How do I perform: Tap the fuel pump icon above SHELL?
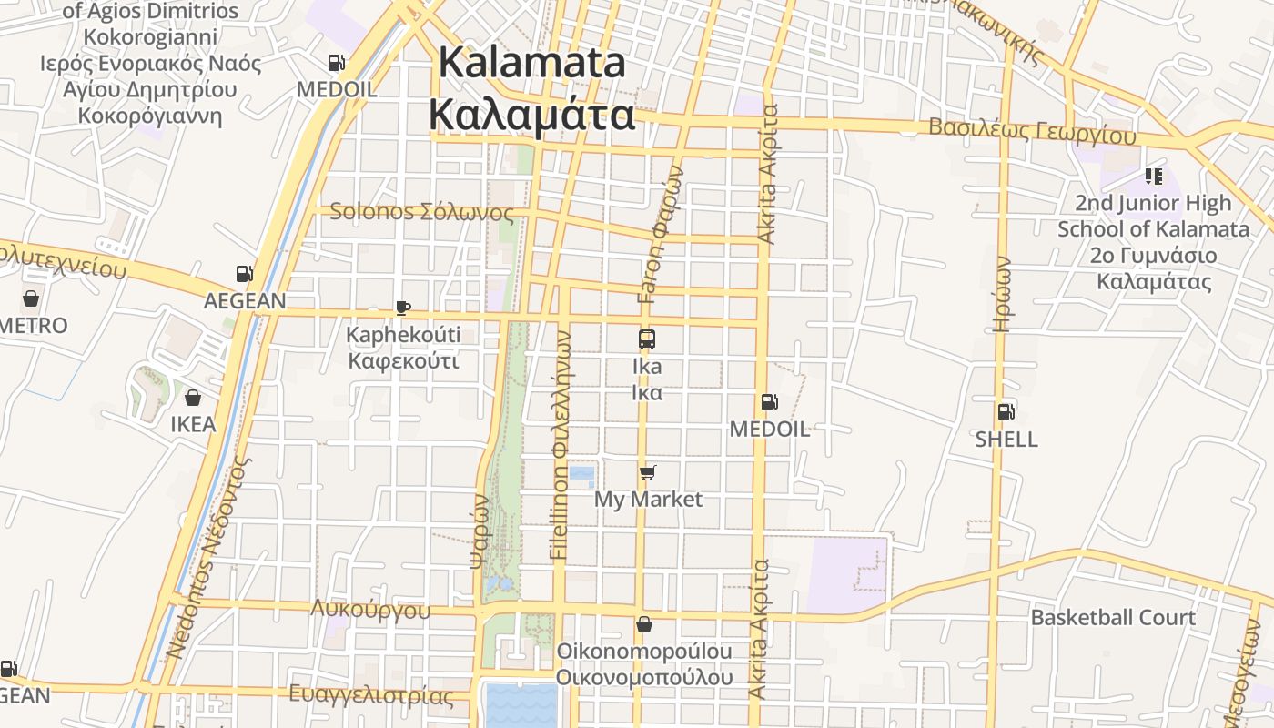(1006, 412)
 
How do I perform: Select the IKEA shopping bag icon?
(193, 398)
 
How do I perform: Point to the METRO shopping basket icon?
(31, 298)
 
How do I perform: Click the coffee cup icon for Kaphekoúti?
(402, 308)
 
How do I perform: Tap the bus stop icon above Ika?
(647, 339)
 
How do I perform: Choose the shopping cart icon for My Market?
(647, 472)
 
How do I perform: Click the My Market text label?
(648, 500)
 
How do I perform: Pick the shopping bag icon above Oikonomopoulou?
(644, 624)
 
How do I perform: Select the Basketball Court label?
(1113, 618)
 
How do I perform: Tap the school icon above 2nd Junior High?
(1154, 177)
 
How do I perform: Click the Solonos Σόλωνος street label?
(421, 213)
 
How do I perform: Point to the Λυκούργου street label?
(370, 610)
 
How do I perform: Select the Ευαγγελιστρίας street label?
(370, 696)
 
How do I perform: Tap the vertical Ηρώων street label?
(1002, 293)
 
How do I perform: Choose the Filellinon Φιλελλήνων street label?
(561, 444)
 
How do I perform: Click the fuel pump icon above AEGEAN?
(244, 273)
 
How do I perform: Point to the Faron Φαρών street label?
(661, 234)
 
